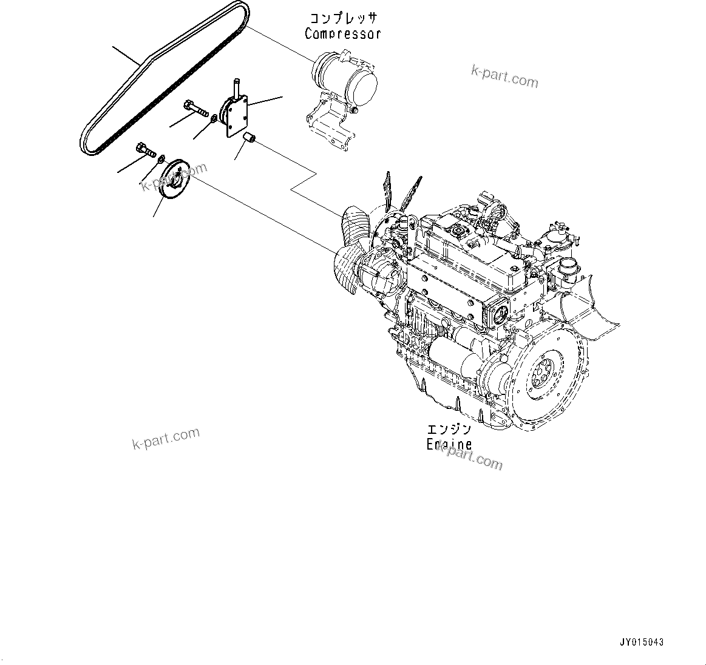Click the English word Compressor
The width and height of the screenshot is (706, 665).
(x=342, y=34)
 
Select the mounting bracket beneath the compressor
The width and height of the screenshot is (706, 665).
(x=328, y=124)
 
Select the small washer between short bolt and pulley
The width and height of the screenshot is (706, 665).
(x=160, y=160)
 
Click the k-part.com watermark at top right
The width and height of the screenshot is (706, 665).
(x=504, y=77)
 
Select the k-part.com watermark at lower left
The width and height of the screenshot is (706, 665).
(x=165, y=439)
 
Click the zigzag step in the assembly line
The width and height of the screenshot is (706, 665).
(x=304, y=181)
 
